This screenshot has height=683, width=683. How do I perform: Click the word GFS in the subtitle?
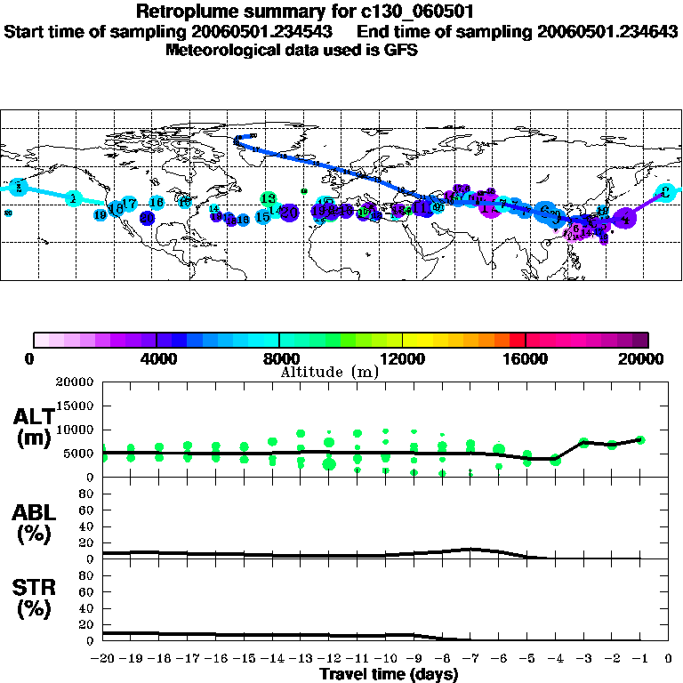click(x=399, y=50)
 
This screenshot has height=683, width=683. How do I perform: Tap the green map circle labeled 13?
click(x=268, y=198)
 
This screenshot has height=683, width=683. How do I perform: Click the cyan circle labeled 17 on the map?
click(x=129, y=204)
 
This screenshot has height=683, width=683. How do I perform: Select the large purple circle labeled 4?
click(x=625, y=217)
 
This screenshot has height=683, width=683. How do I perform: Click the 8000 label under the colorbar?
click(x=278, y=359)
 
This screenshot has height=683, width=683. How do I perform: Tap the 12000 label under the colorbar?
click(x=402, y=359)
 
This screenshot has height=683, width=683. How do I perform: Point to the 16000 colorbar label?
click(x=526, y=359)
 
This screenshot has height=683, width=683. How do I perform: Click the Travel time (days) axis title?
click(x=389, y=674)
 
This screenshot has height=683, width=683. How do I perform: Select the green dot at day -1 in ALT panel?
click(x=639, y=439)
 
